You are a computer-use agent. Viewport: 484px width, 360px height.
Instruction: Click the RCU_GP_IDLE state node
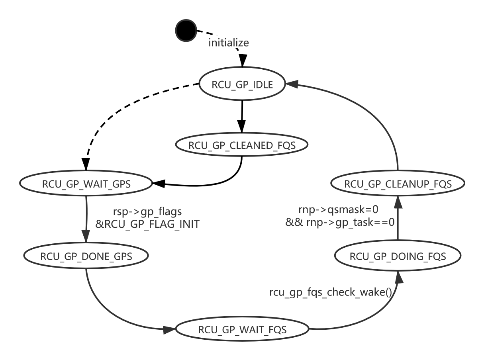pyautogui.click(x=242, y=84)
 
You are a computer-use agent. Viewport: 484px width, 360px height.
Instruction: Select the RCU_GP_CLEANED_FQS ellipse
pyautogui.click(x=242, y=145)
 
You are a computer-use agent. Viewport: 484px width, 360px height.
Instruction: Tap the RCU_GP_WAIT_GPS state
pyautogui.click(x=86, y=184)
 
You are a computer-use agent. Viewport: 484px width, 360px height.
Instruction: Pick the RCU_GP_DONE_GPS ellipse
pyautogui.click(x=86, y=256)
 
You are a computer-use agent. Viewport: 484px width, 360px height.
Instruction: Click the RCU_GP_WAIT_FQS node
pyautogui.click(x=242, y=329)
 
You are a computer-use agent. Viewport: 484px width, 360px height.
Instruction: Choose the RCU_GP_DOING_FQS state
pyautogui.click(x=398, y=256)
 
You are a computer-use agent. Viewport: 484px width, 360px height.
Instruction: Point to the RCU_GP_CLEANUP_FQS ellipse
pyautogui.click(x=398, y=184)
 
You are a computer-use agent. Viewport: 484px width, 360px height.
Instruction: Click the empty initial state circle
pyautogui.click(x=186, y=31)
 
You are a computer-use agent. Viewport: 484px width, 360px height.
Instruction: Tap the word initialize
pyautogui.click(x=229, y=42)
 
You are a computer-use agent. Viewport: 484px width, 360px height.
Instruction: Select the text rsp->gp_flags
pyautogui.click(x=147, y=212)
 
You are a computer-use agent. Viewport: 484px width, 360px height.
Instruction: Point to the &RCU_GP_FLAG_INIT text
pyautogui.click(x=147, y=224)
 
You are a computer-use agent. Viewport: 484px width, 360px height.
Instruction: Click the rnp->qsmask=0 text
pyautogui.click(x=338, y=209)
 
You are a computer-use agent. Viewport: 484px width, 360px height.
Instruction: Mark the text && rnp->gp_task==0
pyautogui.click(x=340, y=222)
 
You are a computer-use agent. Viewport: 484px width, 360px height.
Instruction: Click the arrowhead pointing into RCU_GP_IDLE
pyautogui.click(x=291, y=84)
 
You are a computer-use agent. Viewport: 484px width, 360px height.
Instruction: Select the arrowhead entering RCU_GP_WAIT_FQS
pyautogui.click(x=170, y=329)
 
